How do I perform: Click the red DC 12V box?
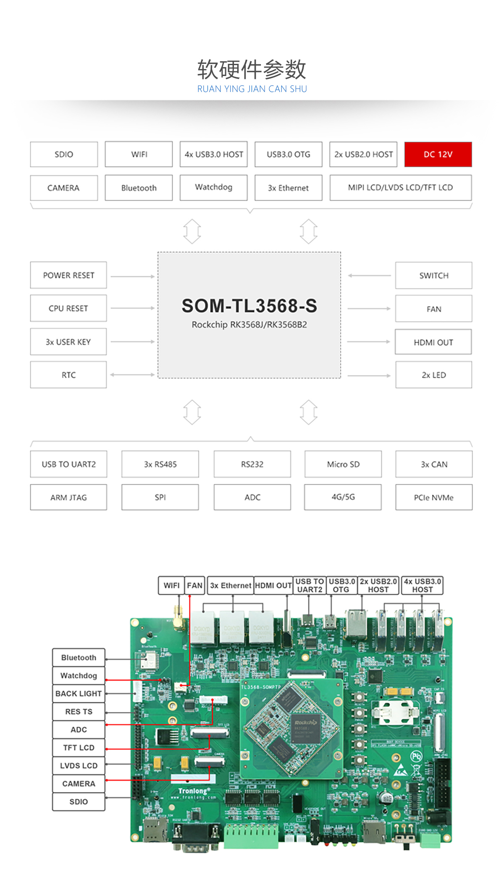(438, 155)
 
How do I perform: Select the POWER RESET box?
(68, 275)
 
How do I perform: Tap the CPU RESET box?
(68, 308)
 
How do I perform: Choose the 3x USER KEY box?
(68, 342)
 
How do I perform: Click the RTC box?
(68, 375)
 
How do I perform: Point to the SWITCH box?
(433, 276)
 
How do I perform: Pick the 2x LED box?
(433, 375)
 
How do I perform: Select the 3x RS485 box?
(160, 464)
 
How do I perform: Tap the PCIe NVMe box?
(433, 497)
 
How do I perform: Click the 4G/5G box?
(343, 497)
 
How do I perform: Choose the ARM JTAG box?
(68, 497)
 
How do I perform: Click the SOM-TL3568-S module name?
(249, 306)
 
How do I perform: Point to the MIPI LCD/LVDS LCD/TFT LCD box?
(400, 188)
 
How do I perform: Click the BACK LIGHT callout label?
(79, 693)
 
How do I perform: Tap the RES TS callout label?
(79, 712)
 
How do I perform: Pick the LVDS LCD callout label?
(79, 765)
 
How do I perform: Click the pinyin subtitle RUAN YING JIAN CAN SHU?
(252, 89)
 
